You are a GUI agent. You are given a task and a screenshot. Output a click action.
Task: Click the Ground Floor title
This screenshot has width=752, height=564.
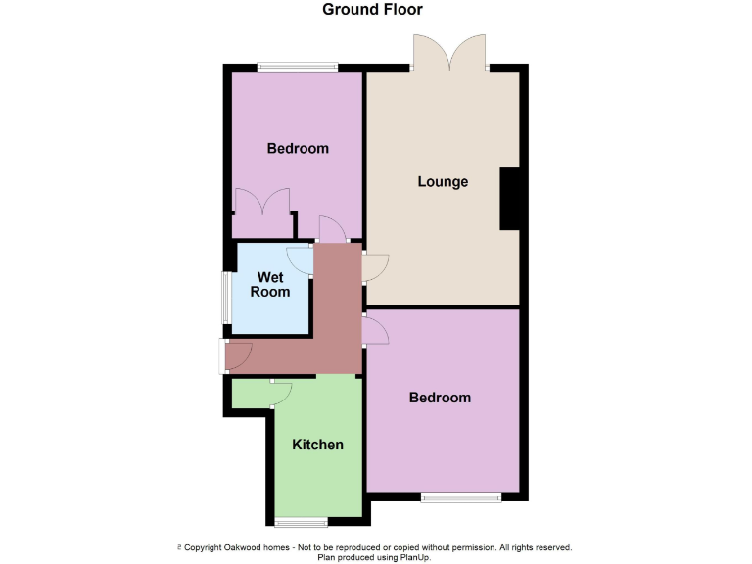point(373,10)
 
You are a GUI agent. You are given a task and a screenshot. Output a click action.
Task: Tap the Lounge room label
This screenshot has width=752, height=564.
point(443,181)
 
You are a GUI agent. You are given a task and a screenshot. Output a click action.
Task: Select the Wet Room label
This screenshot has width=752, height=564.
point(270,285)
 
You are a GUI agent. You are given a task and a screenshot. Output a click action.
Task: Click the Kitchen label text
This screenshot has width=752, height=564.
point(318,445)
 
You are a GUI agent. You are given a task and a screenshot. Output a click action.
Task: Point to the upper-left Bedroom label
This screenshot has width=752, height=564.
point(298,149)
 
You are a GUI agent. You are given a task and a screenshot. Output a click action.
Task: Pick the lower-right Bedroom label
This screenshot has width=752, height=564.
point(440,398)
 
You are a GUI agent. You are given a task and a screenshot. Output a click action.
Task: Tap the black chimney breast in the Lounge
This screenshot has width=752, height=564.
point(509,199)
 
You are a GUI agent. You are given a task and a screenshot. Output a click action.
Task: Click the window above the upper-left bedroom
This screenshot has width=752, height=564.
point(298,68)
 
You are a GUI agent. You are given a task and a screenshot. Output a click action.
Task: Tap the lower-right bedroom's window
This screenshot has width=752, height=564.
point(461,497)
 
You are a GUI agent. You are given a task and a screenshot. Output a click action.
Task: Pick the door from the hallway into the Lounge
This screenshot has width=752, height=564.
point(375,267)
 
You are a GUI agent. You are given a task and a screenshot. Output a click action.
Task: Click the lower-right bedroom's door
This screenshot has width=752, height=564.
point(375,329)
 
